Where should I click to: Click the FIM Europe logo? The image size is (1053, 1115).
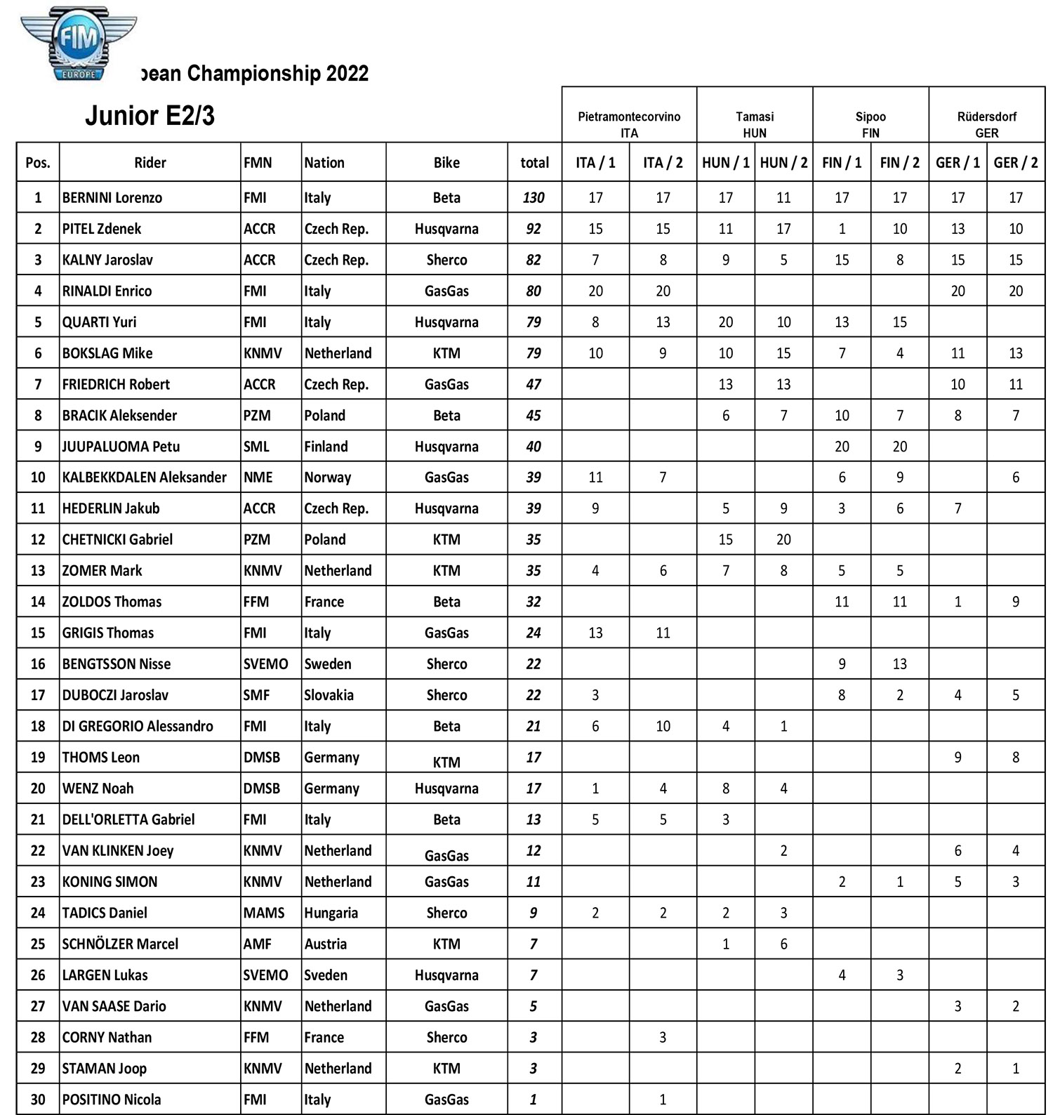pyautogui.click(x=78, y=44)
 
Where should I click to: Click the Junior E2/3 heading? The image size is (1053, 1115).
pyautogui.click(x=150, y=116)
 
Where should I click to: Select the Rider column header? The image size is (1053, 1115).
pyautogui.click(x=150, y=163)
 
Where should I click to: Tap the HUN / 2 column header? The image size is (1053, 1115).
pyautogui.click(x=783, y=163)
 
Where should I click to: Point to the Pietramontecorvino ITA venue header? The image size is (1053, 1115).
pyautogui.click(x=629, y=124)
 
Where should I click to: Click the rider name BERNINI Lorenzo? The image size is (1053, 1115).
pyautogui.click(x=112, y=198)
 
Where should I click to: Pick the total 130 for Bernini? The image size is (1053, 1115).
pyautogui.click(x=534, y=198)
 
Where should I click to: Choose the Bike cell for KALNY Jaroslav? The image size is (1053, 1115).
pyautogui.click(x=446, y=260)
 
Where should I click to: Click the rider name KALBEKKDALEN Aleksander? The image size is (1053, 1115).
pyautogui.click(x=145, y=477)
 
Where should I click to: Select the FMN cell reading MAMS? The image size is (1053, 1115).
pyautogui.click(x=264, y=913)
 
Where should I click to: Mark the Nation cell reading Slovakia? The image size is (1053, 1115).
pyautogui.click(x=329, y=695)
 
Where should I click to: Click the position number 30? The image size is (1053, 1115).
pyautogui.click(x=38, y=1100)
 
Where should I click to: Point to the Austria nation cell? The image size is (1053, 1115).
pyautogui.click(x=325, y=944)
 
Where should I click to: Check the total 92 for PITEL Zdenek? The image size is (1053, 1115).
pyautogui.click(x=534, y=229)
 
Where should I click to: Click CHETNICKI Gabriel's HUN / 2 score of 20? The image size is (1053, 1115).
pyautogui.click(x=783, y=540)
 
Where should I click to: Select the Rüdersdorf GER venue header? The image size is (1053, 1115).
pyautogui.click(x=986, y=124)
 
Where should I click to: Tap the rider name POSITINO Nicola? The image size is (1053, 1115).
pyautogui.click(x=112, y=1100)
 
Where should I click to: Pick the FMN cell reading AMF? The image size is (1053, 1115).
pyautogui.click(x=258, y=944)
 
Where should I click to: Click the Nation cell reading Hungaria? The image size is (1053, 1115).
pyautogui.click(x=331, y=913)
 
